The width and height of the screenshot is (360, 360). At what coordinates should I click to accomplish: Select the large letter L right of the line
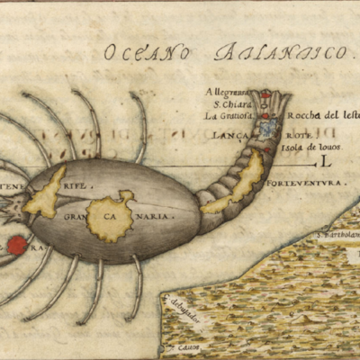tap(326, 163)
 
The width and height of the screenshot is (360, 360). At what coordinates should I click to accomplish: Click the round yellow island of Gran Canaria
tap(110, 216)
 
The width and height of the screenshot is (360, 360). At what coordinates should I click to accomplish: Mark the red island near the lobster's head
tap(16, 245)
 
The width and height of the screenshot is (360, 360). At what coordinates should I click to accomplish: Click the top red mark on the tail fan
tap(265, 94)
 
